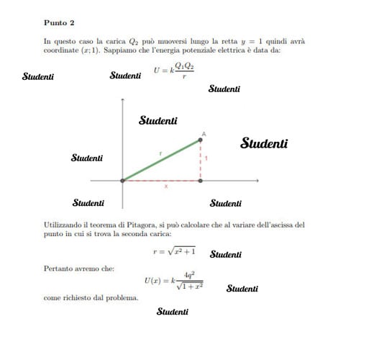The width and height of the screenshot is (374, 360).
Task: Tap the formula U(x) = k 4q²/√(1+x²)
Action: (x=173, y=279)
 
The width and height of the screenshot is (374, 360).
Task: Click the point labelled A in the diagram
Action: (x=201, y=140)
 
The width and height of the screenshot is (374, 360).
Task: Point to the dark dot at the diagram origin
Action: (x=123, y=181)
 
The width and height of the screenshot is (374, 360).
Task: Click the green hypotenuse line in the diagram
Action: (x=162, y=160)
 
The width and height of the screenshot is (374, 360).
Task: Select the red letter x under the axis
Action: (x=166, y=186)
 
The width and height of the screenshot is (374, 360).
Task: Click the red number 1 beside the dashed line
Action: (x=206, y=158)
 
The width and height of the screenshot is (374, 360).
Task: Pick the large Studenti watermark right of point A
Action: (x=264, y=143)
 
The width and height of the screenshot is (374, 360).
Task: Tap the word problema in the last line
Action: (x=122, y=297)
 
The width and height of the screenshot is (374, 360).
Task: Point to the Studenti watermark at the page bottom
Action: (x=173, y=312)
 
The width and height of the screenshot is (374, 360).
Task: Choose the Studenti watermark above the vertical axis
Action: (x=158, y=121)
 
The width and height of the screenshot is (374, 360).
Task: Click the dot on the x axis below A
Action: (x=201, y=181)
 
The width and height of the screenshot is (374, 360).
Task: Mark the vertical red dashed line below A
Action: (x=201, y=161)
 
